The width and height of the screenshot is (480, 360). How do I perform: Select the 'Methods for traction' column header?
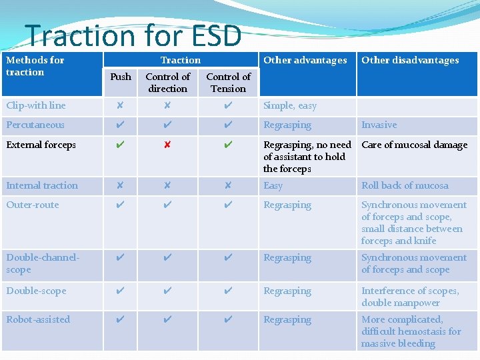35,66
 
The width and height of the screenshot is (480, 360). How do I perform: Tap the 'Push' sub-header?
121,77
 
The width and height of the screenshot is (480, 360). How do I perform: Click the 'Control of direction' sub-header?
167,83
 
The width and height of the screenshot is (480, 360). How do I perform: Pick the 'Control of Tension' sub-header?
228,83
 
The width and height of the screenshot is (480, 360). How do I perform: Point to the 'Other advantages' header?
305,60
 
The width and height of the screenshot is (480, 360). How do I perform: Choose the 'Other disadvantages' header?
410,60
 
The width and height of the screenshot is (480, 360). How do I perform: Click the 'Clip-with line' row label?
36,105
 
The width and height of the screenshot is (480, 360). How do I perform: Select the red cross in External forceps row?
167,145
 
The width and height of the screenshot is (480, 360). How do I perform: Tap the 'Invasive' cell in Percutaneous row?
379,125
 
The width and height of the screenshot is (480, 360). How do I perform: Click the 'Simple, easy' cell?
290,105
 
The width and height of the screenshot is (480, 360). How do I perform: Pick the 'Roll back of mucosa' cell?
405,185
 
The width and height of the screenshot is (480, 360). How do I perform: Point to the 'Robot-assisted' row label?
38,319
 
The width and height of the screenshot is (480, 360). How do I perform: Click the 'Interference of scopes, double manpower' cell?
410,297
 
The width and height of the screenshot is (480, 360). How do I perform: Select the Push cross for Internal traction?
120,185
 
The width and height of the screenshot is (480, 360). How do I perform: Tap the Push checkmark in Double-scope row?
120,291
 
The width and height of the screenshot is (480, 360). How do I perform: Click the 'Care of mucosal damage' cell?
414,145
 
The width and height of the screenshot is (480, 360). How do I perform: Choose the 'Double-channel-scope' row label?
42,263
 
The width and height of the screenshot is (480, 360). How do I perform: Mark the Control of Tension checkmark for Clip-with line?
228,105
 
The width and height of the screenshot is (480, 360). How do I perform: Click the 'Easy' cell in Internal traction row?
273,185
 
